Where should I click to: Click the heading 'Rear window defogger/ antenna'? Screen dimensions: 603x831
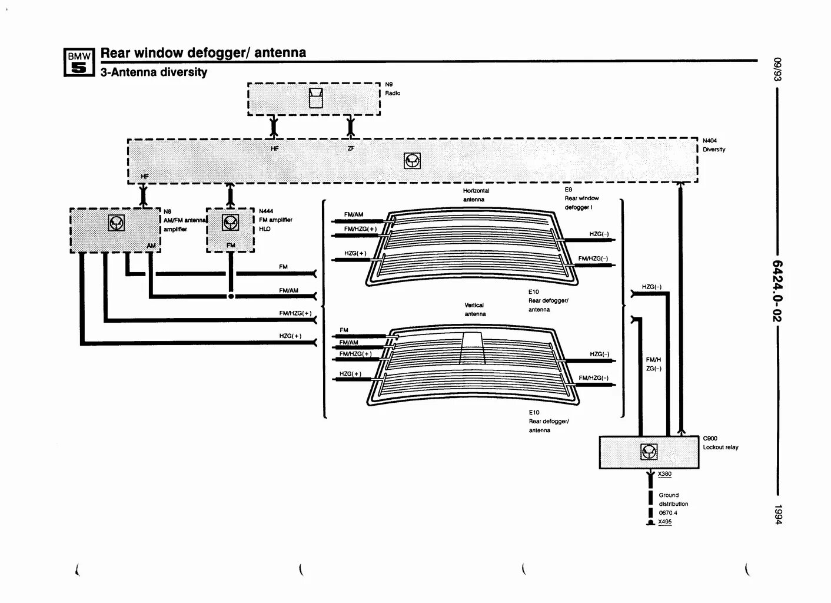tap(203, 52)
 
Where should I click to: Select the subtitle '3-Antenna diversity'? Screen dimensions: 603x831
tap(154, 72)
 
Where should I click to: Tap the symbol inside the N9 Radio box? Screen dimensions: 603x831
tap(316, 98)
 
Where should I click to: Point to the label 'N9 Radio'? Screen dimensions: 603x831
tap(393, 89)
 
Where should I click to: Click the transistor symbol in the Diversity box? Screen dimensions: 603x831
tap(412, 160)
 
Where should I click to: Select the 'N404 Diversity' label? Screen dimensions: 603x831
tap(713, 145)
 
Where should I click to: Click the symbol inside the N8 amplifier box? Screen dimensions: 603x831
tap(116, 223)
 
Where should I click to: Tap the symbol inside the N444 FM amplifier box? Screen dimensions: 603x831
tap(230, 222)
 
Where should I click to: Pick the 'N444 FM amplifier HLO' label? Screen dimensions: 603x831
tap(275, 220)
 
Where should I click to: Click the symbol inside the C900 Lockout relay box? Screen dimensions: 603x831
tap(649, 452)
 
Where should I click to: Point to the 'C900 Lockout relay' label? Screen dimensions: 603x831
tap(720, 443)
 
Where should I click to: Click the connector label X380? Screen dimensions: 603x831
tap(664, 474)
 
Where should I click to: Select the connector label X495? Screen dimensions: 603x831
tap(664, 521)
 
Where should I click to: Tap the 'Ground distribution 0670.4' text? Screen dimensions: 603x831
tap(673, 503)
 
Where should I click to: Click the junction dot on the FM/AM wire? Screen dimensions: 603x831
tap(231, 296)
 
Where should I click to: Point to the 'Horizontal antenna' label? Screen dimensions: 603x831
tap(476, 195)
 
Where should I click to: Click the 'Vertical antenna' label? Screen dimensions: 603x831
tap(474, 309)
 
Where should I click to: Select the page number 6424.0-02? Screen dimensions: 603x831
tap(777, 291)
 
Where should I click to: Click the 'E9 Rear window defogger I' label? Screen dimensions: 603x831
tap(581, 198)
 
